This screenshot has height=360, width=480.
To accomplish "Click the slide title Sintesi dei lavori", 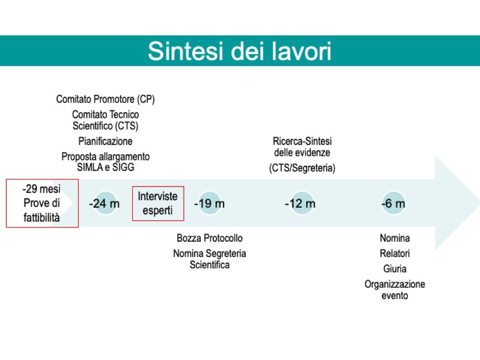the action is coord(240,51).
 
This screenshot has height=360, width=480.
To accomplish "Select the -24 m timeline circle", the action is coord(105,203).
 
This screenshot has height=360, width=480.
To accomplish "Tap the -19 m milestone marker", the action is coord(210,203).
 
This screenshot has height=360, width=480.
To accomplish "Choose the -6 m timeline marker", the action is coord(393,203).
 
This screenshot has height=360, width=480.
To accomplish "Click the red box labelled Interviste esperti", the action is coord(158,203).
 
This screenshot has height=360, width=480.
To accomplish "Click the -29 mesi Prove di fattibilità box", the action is coord(42,203).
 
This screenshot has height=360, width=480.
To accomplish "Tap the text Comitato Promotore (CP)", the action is coord(105,99).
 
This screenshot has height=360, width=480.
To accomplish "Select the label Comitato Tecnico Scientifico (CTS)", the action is coord(105,120).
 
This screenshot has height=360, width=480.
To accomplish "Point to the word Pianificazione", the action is coord(105,141).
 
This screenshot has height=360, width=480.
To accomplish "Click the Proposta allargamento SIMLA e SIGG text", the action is coord(105,162).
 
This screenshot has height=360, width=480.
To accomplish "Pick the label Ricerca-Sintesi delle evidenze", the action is coord(302,147).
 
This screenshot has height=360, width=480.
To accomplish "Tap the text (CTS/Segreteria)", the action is coord(302,168).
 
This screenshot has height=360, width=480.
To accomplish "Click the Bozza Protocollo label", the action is coord(210,238).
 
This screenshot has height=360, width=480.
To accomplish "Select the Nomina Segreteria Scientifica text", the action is coord(210,259).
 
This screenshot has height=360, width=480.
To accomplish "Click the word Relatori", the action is coord(395,253).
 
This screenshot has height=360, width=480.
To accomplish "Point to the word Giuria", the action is coord(395,269).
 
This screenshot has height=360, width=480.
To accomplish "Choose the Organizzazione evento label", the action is coord(395,290).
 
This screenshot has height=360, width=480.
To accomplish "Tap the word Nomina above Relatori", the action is coord(395,238).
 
